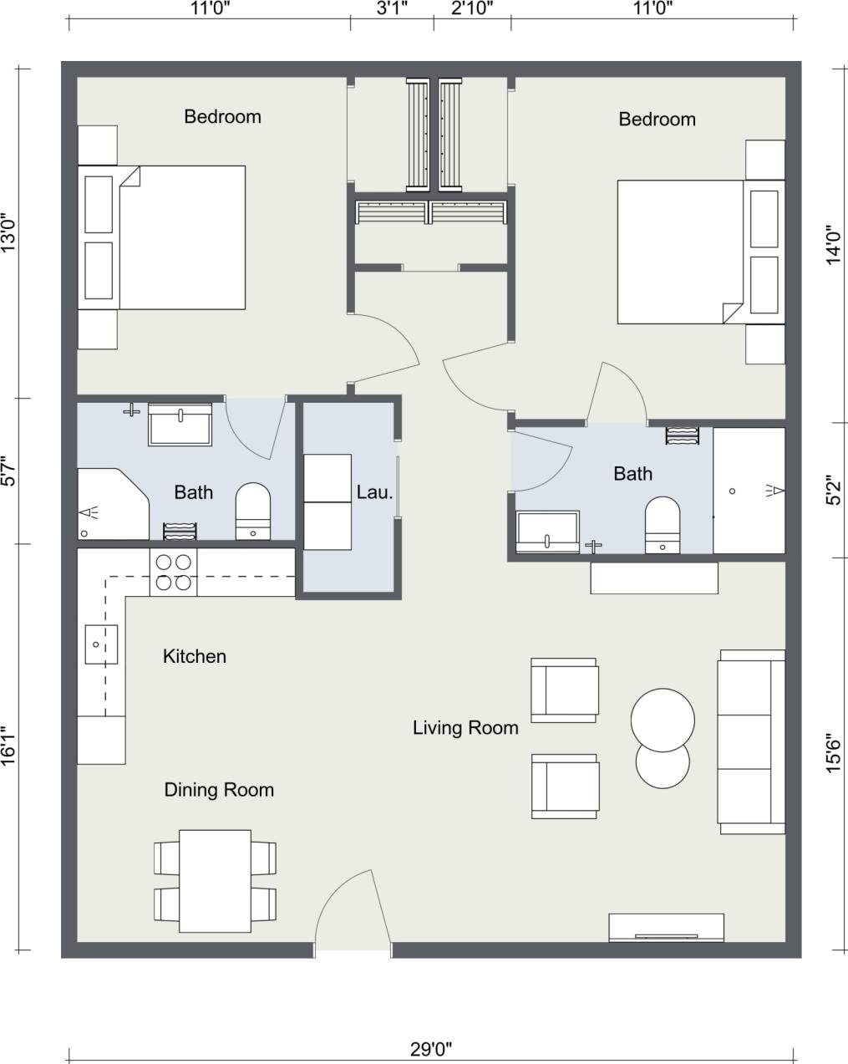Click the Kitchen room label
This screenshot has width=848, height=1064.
click(194, 657)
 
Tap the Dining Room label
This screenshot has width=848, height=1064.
click(218, 790)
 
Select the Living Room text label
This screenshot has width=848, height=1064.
click(465, 728)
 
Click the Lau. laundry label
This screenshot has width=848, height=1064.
click(374, 492)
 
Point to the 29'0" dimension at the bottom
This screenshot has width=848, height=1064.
click(431, 1048)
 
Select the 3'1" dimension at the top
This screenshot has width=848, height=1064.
click(391, 9)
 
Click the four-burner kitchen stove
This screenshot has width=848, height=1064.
click(174, 573)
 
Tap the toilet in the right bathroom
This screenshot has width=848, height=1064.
click(663, 525)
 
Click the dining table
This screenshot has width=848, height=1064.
click(216, 881)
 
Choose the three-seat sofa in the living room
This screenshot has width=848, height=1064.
click(751, 741)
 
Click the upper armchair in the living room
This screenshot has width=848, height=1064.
click(565, 690)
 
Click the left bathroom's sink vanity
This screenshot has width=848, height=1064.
click(180, 425)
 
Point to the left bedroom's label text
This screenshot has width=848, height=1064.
click(222, 117)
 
